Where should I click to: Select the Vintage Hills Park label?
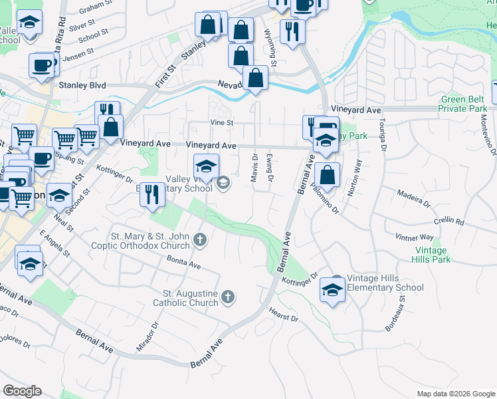[x=432, y=255]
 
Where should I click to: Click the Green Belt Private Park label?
[x=464, y=104]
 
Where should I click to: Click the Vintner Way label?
[x=414, y=237]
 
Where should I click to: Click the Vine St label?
[x=222, y=123]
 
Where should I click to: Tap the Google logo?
[x=22, y=391]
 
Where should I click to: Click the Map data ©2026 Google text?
[x=455, y=394]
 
